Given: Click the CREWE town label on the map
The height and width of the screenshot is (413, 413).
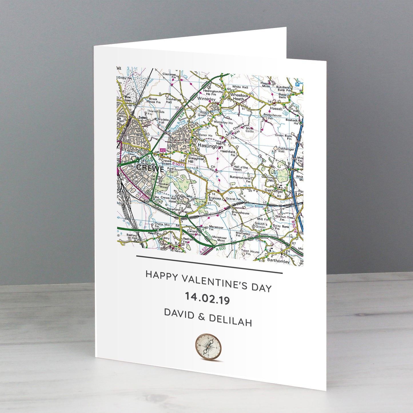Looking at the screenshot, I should coord(150,168).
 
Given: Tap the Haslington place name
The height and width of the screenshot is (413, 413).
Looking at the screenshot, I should coord(210,146).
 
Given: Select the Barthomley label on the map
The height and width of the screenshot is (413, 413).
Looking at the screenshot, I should coord(278,261).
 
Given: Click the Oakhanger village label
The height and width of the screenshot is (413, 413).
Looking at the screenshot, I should coord(274,191).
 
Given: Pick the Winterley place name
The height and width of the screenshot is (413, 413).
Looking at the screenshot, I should coord(206,99).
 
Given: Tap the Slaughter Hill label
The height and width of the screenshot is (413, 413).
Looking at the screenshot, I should coord(196,160).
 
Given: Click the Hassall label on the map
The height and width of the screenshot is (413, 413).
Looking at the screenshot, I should coord(276,109).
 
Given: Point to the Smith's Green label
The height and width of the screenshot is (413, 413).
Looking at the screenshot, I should coord(260,225).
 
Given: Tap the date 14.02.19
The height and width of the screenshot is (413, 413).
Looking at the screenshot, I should coord(207,298).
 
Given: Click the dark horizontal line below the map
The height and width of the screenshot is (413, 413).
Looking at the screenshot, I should coord(209,264).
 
